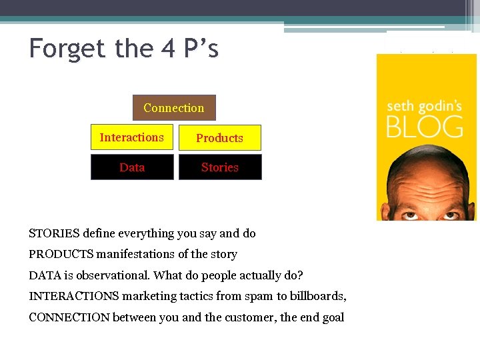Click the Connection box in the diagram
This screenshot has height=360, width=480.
[173, 108]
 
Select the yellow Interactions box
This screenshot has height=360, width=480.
[131, 137]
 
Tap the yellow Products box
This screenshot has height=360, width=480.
[219, 138]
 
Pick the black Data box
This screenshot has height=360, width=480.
[132, 167]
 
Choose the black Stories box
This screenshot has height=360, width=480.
[220, 167]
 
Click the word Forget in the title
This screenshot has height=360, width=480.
[67, 49]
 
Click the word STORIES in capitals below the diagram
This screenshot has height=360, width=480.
[54, 233]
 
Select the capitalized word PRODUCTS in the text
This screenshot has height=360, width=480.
[61, 254]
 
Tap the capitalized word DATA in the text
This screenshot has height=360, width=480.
[43, 275]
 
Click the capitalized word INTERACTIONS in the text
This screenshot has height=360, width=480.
[74, 296]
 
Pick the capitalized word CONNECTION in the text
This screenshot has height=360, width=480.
[69, 317]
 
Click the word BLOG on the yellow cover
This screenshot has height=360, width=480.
[425, 126]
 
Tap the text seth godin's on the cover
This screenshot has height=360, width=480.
[425, 106]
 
